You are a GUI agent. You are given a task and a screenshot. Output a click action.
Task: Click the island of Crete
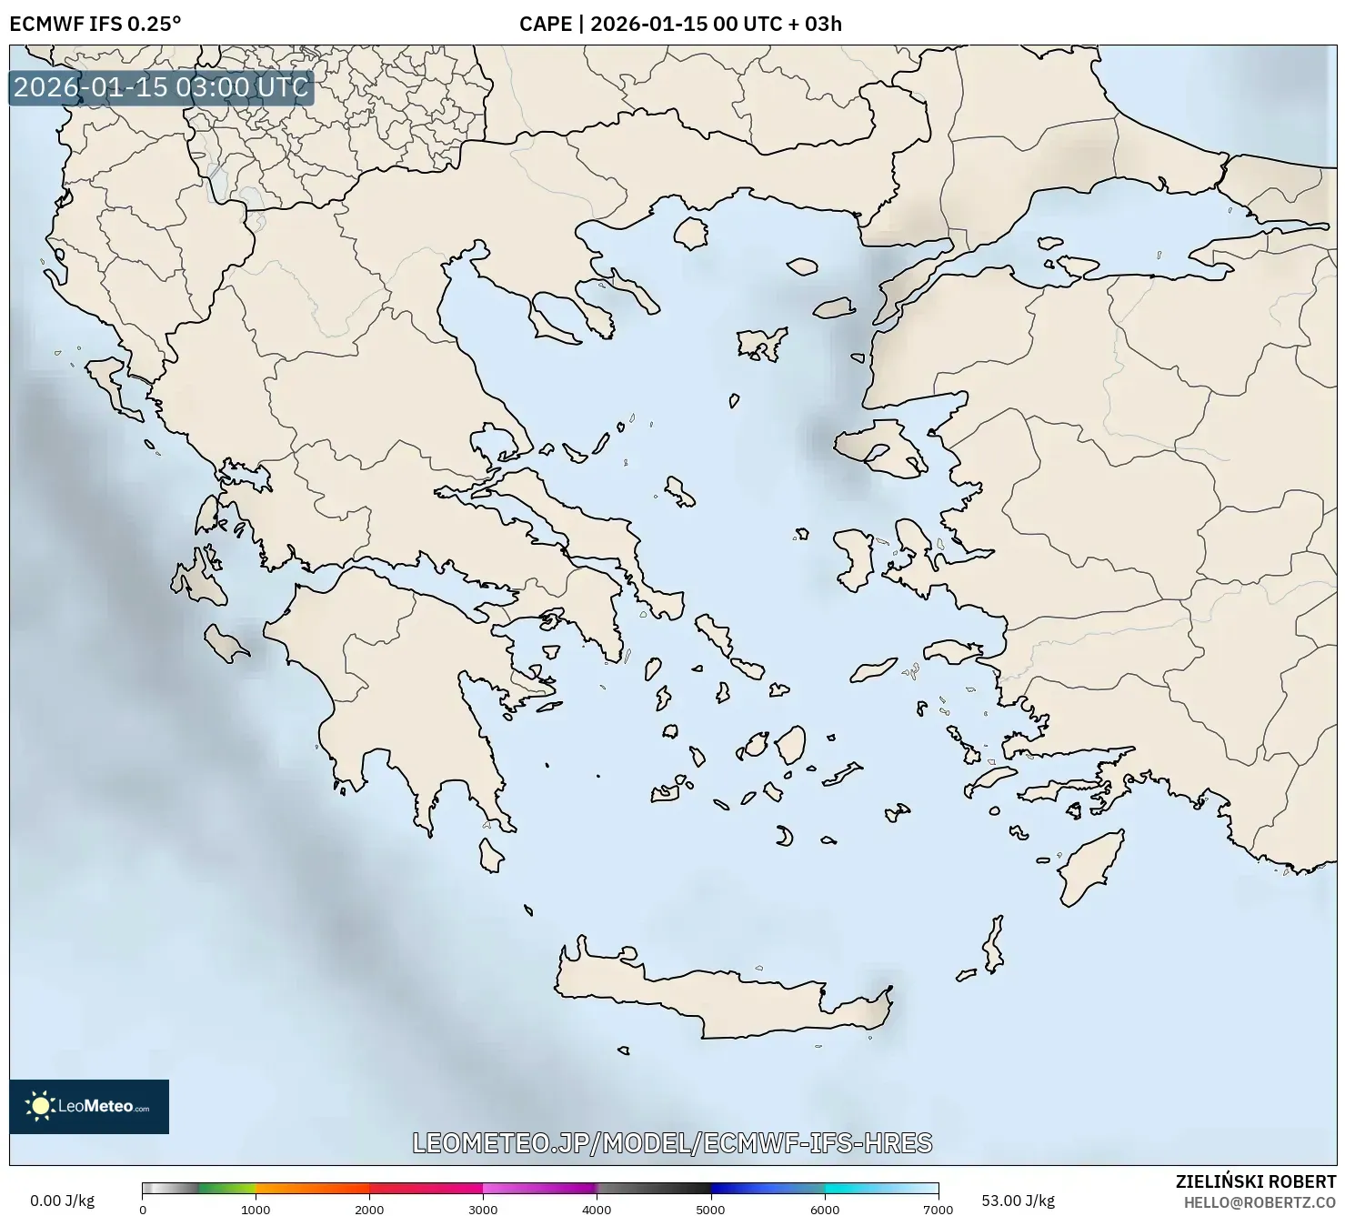click(718, 1000)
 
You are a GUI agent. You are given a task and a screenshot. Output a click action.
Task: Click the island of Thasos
click(691, 232)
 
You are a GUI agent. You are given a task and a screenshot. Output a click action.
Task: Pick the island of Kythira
click(491, 855)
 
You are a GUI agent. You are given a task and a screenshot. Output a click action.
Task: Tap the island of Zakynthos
click(225, 644)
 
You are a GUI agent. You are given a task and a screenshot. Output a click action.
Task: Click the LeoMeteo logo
click(89, 1106)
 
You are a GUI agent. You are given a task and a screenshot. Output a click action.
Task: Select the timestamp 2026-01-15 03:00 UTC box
click(161, 87)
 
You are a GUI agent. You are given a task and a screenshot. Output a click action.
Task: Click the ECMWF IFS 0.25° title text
click(95, 25)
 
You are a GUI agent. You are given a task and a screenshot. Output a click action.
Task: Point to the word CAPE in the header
click(545, 25)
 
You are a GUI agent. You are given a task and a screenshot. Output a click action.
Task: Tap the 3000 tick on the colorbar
click(483, 1208)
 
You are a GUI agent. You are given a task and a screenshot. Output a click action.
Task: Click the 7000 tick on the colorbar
click(938, 1208)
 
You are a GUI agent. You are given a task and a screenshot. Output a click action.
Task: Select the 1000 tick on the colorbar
click(256, 1208)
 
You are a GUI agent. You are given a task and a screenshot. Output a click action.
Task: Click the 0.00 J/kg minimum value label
click(62, 1201)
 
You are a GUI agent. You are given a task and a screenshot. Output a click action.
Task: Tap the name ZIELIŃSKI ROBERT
click(1255, 1181)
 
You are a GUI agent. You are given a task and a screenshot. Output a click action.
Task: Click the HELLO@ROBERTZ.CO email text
click(1260, 1201)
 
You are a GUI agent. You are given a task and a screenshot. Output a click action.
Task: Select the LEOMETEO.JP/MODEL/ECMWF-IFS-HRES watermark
click(672, 1142)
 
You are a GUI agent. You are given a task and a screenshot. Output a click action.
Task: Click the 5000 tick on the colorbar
click(710, 1208)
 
